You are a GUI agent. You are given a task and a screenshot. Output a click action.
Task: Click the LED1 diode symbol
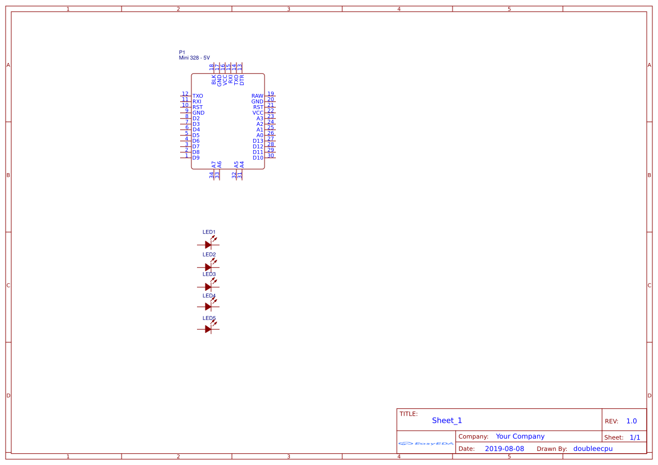click(208, 245)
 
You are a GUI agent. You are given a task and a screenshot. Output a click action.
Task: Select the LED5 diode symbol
click(208, 329)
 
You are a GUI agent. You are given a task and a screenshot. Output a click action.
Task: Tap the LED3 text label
click(209, 274)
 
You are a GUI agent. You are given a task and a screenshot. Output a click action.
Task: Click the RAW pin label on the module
click(257, 96)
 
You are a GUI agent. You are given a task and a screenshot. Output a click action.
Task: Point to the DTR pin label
click(242, 80)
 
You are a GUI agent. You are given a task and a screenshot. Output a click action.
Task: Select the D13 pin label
click(258, 141)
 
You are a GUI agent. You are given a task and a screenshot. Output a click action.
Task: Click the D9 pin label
click(196, 158)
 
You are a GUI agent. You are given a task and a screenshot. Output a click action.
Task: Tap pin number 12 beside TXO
click(185, 94)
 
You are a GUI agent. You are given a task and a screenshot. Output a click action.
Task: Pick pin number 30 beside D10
click(271, 156)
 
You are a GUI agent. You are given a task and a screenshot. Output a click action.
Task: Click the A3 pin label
click(260, 119)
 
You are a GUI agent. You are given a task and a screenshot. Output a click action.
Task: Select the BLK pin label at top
click(214, 80)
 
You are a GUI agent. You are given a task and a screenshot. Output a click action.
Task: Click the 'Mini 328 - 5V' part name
click(194, 58)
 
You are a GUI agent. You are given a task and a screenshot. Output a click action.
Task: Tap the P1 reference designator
click(182, 52)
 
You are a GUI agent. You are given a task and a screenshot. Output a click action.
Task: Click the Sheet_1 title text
click(447, 421)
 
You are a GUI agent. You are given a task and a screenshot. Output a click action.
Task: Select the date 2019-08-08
click(504, 449)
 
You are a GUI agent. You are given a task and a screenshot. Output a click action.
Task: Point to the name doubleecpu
click(593, 449)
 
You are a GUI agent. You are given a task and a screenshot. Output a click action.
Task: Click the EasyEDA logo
click(426, 443)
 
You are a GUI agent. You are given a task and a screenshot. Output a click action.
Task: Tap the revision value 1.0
click(632, 421)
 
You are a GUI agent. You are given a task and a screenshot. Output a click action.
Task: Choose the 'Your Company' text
click(520, 436)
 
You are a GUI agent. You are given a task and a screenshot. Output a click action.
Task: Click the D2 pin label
click(196, 119)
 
